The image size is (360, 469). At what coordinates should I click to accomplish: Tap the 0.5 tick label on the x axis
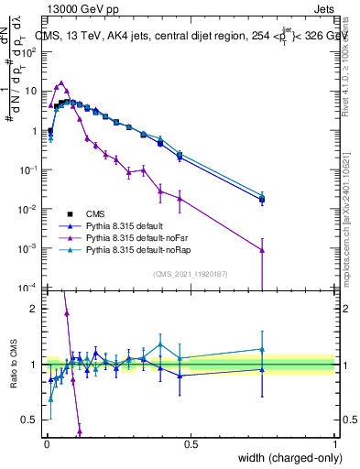tap(191, 443)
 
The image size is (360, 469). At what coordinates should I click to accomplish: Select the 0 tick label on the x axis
tap(47, 443)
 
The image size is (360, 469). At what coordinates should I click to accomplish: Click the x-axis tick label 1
tap(334, 443)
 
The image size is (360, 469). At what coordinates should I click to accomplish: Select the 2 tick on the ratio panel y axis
tap(36, 309)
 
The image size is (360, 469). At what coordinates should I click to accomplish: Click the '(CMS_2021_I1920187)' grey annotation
tap(191, 272)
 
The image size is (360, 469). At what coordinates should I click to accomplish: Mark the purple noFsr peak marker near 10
tap(61, 82)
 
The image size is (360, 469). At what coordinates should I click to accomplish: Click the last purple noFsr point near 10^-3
tap(262, 249)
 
